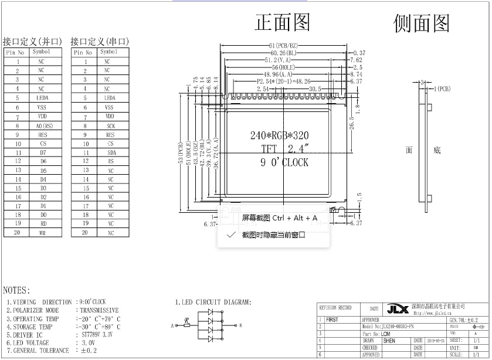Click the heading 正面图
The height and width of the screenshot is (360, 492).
click(x=282, y=22)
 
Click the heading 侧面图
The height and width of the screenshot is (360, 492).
click(x=422, y=23)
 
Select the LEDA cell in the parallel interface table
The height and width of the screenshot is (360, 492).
click(x=41, y=98)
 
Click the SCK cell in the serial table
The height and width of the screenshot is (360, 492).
click(x=110, y=125)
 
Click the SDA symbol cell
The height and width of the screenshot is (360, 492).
click(x=110, y=152)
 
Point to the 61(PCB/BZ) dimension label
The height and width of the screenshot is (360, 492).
click(x=284, y=45)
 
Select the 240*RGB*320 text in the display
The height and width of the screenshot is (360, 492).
click(x=279, y=135)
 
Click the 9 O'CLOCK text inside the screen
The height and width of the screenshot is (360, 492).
click(x=284, y=162)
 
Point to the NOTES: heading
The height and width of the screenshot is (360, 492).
click(x=16, y=290)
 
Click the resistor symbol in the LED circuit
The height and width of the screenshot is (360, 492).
click(x=186, y=324)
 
